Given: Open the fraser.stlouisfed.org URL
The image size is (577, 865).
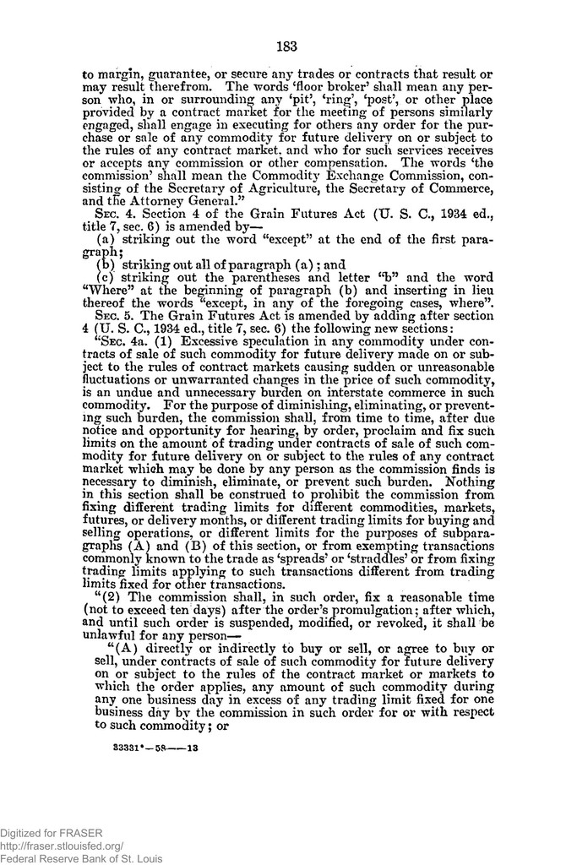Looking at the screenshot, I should [x=63, y=845].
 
